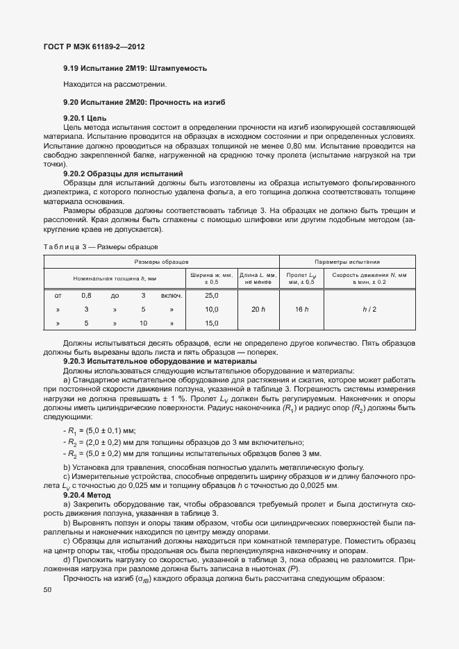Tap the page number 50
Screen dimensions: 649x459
coord(47,590)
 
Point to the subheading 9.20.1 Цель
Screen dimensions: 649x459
coord(84,119)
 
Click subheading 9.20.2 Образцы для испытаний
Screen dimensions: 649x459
coord(123,173)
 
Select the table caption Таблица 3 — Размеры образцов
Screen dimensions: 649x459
coord(101,246)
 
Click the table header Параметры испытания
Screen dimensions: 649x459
coord(347,262)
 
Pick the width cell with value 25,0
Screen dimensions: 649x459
coord(211,295)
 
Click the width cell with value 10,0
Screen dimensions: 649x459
coord(211,309)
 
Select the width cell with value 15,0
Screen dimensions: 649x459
coord(211,323)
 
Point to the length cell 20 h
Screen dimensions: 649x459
coord(258,309)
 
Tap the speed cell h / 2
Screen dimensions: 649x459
coord(369,309)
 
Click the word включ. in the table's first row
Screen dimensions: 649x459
coord(172,295)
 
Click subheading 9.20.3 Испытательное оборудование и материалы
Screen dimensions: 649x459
coord(160,362)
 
